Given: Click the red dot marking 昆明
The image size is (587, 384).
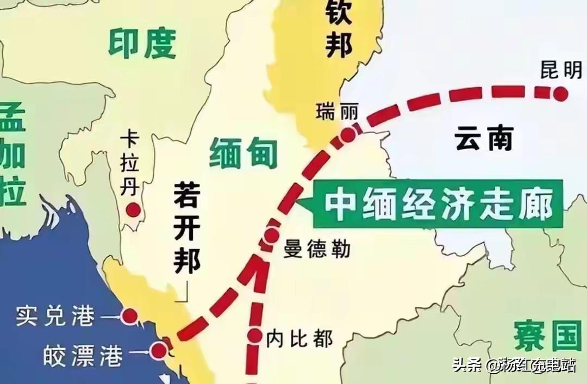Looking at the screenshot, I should pyautogui.click(x=561, y=95).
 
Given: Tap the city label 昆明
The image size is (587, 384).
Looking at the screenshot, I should pyautogui.click(x=561, y=70).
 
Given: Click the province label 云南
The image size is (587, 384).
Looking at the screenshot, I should pyautogui.click(x=484, y=139).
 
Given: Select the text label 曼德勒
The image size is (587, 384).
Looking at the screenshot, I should pyautogui.click(x=317, y=250).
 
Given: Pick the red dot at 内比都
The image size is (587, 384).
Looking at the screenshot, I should pyautogui.click(x=255, y=336).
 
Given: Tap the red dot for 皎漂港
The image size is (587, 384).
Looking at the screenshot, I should pyautogui.click(x=158, y=351).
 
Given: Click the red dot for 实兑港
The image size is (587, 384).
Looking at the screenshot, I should pyautogui.click(x=130, y=315).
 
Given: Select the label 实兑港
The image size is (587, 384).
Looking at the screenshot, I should pyautogui.click(x=55, y=316).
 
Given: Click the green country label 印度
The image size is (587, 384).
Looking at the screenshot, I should pyautogui.click(x=142, y=44).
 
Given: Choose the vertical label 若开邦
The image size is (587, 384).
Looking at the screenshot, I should pyautogui.click(x=188, y=228).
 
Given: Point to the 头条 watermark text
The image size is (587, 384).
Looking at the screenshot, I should pyautogui.click(x=467, y=365).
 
